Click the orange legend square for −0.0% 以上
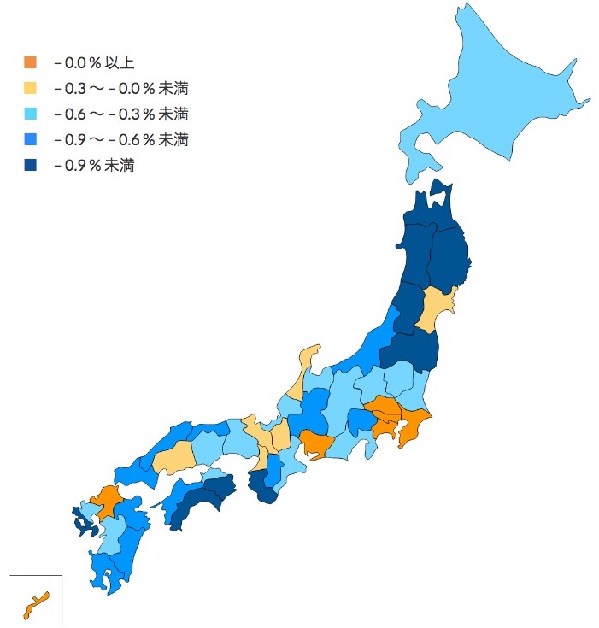click(31, 62)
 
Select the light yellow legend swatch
click(31, 88)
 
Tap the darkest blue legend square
click(31, 166)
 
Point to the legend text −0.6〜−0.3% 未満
click(120, 114)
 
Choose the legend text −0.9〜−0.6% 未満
click(120, 139)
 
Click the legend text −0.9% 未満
click(94, 166)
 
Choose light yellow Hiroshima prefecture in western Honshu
click(175, 458)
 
